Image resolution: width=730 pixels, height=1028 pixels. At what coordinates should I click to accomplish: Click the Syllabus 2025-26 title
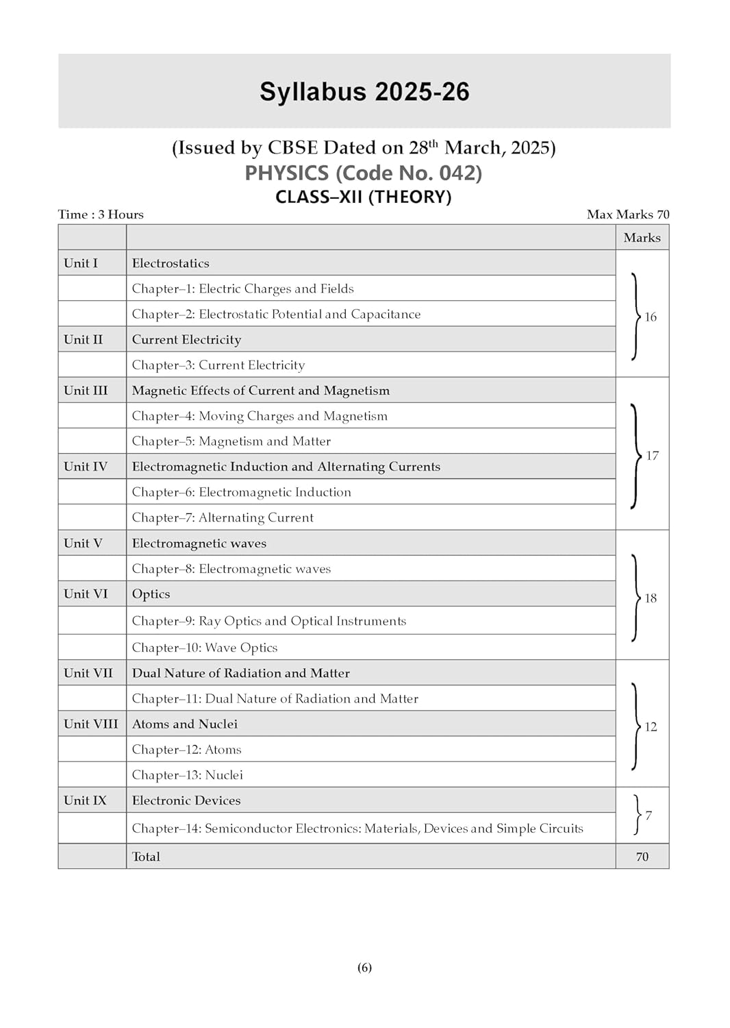364,92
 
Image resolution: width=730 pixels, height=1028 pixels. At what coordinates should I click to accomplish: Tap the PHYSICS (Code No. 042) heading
364,173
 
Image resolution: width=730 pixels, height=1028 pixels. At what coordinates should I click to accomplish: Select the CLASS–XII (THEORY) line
364,197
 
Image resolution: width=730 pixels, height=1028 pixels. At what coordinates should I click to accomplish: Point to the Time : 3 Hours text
101,215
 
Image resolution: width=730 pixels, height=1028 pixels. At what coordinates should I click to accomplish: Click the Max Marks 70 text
628,215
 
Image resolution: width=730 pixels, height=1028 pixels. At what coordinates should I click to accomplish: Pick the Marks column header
642,238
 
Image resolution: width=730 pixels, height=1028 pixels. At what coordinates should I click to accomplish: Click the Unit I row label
81,263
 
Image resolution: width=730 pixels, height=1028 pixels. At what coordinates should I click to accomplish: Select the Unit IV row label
86,467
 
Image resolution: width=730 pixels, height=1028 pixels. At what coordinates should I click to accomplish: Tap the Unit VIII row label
91,724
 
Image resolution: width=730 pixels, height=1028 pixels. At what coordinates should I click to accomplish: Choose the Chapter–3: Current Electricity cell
218,365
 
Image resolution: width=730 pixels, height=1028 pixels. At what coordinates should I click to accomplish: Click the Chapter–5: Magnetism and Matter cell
231,441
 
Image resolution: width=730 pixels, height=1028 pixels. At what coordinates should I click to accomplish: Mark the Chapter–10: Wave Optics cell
205,648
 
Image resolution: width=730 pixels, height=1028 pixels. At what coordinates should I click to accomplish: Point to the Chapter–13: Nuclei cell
188,775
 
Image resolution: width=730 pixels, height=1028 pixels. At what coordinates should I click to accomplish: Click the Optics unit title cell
151,594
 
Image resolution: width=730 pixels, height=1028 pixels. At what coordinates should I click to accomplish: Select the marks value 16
651,317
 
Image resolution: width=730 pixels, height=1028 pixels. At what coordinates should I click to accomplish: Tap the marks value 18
651,598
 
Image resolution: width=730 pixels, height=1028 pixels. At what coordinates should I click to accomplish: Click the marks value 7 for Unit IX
649,816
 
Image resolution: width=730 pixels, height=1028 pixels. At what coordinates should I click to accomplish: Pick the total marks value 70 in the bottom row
642,857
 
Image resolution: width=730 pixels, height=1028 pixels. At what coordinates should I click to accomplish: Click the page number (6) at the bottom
364,968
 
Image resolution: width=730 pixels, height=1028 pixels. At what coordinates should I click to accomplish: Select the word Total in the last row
146,857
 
